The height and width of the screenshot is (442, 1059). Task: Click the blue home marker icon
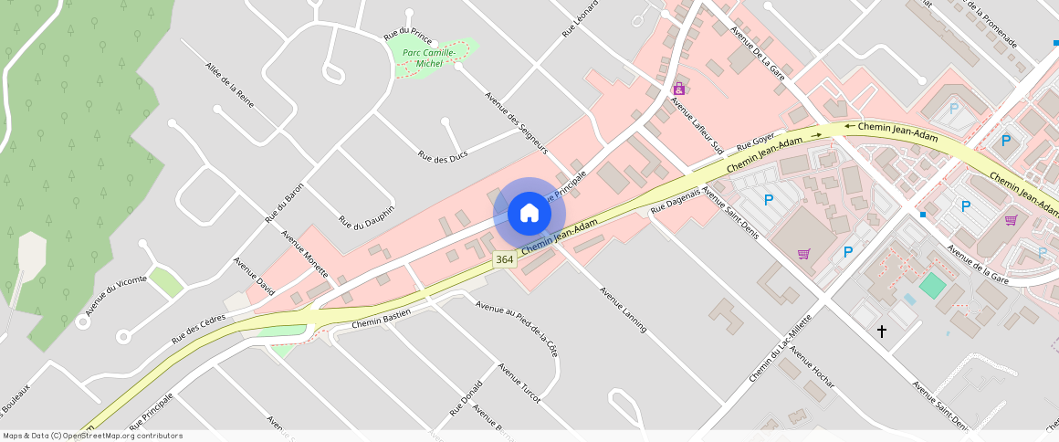[529, 214]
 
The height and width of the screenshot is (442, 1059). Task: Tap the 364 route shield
[504, 260]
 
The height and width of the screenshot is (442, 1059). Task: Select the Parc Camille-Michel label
[429, 58]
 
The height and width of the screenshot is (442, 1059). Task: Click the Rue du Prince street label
[408, 36]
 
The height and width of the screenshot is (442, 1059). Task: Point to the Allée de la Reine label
[230, 85]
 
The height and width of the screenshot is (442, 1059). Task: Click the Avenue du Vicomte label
[116, 295]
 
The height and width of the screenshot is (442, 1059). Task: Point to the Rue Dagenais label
[675, 202]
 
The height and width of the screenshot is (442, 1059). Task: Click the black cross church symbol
[882, 331]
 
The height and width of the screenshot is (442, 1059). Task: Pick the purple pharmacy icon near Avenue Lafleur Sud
[678, 89]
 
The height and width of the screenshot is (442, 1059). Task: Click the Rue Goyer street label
[755, 141]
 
